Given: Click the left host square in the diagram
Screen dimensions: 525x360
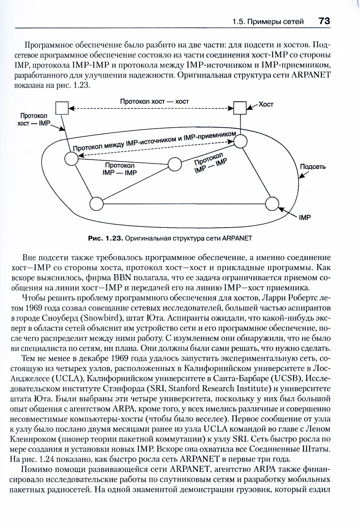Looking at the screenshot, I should [x=62, y=107].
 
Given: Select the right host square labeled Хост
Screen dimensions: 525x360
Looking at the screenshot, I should [x=240, y=107].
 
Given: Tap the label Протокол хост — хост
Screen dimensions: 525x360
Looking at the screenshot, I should [x=154, y=101].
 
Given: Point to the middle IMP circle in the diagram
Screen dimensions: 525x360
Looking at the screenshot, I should [x=175, y=164].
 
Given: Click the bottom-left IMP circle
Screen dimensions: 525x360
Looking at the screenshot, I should [x=96, y=204].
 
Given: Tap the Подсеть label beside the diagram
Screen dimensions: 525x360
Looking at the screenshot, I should [x=312, y=166].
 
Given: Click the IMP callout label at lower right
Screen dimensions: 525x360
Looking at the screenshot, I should [x=305, y=218].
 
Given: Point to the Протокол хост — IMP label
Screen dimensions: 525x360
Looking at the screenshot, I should [x=33, y=120].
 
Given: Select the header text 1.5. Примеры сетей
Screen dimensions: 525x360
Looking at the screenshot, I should [x=267, y=22].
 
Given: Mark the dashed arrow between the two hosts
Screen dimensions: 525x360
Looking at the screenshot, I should [x=151, y=108].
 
